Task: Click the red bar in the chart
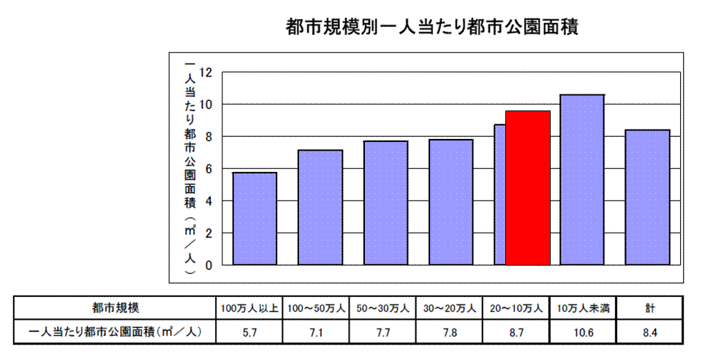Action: click(527, 187)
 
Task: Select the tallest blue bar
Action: click(582, 179)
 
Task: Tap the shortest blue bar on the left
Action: click(254, 218)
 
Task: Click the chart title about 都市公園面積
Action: click(433, 29)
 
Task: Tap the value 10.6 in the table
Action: click(582, 332)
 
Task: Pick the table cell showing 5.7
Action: click(248, 332)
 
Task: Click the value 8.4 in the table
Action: click(649, 332)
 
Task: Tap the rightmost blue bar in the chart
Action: click(648, 197)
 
